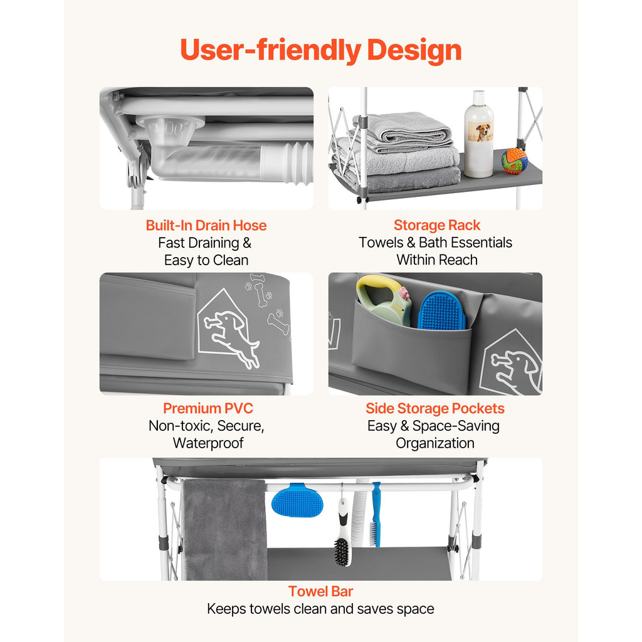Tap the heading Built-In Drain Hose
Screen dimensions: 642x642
pos(206,225)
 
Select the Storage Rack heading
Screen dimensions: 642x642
pos(437,225)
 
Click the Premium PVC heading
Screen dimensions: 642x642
pos(208,408)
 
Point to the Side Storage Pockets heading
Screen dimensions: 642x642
pos(435,408)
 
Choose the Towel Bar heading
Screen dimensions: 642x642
pos(320,591)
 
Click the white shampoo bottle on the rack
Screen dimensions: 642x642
pos(479,134)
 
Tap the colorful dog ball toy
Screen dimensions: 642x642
pos(514,160)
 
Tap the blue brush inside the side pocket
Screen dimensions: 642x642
pos(441,310)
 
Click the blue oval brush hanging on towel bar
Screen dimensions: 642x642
pos(298,500)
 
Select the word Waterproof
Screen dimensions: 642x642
pos(208,443)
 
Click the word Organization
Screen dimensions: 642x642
pos(435,443)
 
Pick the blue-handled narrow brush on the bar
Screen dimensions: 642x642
pos(376,514)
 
